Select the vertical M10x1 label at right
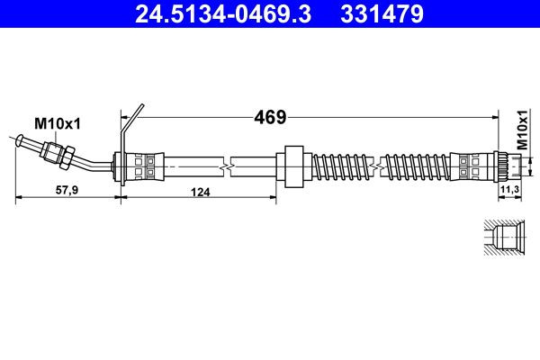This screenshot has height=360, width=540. coord(522,130)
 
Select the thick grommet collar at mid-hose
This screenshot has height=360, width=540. coord(292,165)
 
